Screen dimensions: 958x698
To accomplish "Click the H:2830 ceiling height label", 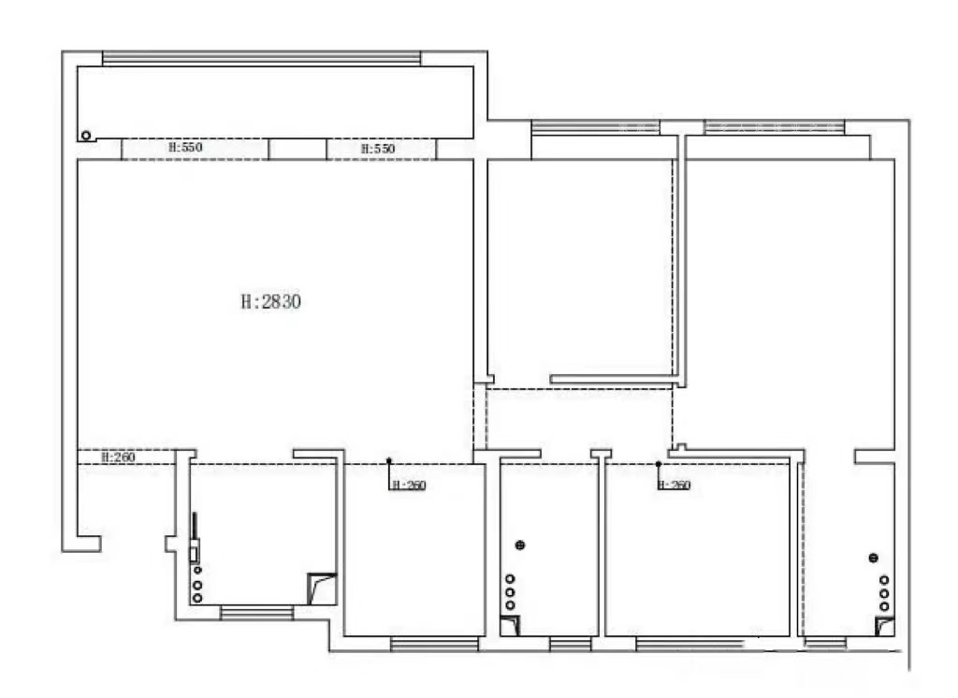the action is [270, 301].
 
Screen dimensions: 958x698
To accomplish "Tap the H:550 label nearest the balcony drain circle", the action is [185, 147].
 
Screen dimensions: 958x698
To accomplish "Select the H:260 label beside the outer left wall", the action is [118, 458].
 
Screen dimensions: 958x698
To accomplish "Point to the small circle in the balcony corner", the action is [86, 136].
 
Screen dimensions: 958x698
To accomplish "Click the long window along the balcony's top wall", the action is [262, 58].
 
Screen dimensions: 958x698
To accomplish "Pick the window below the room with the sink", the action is [256, 613].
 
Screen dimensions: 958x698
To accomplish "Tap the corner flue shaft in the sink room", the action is [322, 589].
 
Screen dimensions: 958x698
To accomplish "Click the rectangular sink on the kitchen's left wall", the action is [194, 552].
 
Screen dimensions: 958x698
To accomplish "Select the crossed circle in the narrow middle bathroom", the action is [520, 545].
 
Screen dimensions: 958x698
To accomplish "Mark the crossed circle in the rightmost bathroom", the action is [873, 558].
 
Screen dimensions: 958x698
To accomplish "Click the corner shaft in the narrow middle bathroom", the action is [510, 626].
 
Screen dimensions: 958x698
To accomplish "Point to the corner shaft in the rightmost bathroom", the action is [885, 627].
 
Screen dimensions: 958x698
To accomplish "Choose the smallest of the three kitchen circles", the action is [197, 570].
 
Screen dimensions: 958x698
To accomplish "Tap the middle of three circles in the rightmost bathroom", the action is [884, 593].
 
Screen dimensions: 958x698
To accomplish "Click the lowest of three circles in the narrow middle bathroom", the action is [510, 605].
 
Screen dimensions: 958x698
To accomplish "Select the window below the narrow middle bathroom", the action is [570, 644].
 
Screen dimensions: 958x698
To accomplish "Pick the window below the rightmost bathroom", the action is [825, 643].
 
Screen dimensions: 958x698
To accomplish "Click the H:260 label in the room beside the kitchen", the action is [409, 486].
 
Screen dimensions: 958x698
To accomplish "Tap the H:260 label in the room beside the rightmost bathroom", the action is [674, 486].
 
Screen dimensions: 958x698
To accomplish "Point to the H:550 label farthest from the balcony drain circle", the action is [378, 149].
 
